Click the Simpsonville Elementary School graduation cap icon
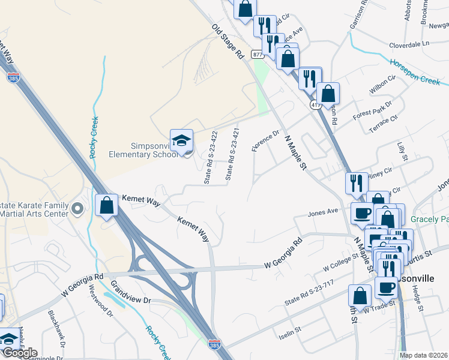181,141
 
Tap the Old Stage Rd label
227,41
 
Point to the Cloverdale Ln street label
410,44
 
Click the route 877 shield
258,55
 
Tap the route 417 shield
315,105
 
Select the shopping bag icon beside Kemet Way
106,205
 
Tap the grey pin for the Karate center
76,209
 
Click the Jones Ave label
323,212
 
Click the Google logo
19,353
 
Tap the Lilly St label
402,152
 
